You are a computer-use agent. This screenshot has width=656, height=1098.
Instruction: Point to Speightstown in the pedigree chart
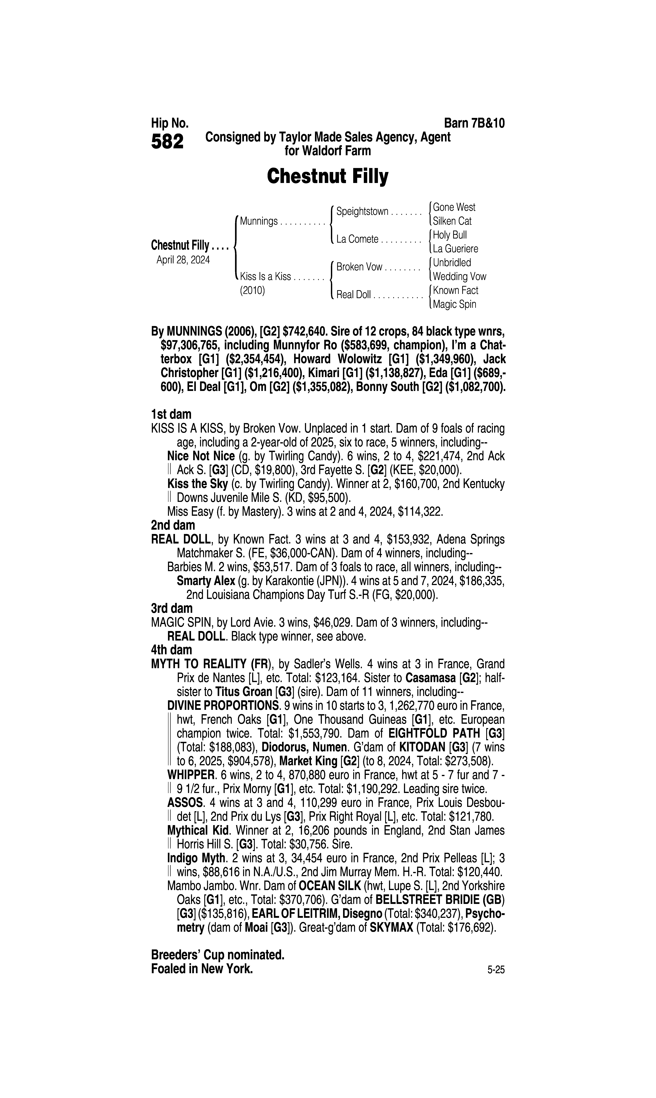(362, 211)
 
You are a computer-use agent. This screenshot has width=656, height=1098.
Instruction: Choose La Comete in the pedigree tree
(357, 239)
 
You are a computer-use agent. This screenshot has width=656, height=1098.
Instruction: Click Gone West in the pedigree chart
(454, 207)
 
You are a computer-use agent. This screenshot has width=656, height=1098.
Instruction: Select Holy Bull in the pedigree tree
(450, 235)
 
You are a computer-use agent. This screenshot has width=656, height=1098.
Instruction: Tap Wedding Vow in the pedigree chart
(459, 277)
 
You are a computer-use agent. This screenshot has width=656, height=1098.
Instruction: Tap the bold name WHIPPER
(191, 775)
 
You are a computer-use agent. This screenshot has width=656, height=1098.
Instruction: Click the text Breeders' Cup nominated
(218, 955)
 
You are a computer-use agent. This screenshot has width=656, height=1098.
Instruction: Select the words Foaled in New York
(202, 969)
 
